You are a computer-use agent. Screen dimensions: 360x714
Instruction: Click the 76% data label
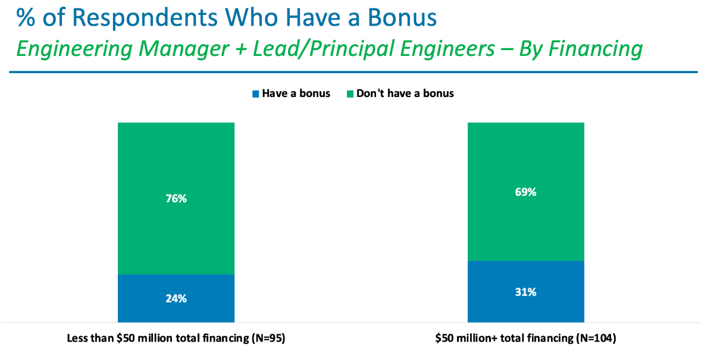pos(176,199)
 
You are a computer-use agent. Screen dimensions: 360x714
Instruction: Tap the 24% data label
pos(176,299)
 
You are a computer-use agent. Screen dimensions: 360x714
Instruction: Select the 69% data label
pos(526,192)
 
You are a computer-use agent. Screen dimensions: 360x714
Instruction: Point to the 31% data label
pos(526,292)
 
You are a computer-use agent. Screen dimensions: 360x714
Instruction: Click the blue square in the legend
pos(256,93)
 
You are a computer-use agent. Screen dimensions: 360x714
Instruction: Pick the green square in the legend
pos(350,93)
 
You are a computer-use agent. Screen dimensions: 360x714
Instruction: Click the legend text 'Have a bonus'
pos(295,93)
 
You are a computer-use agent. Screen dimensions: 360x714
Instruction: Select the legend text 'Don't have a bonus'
pos(405,93)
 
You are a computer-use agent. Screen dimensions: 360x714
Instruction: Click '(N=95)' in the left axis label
pos(268,339)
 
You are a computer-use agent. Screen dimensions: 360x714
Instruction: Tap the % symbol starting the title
pos(26,18)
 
